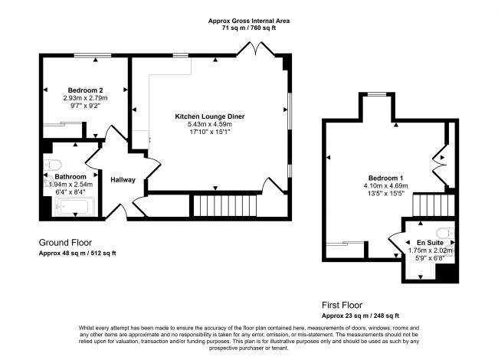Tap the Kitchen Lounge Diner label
pos(210,116)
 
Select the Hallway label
pos(123,180)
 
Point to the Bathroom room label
pos(70,177)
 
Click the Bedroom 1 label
pos(385,178)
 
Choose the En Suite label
pos(430,243)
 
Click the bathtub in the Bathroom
pos(75,206)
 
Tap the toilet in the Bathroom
pos(53,165)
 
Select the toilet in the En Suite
pos(446,234)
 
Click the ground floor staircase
pos(224,206)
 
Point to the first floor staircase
pos(434,205)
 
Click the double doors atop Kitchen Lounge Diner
pos(256,48)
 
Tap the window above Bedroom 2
pos(93,56)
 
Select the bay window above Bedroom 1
pos(377,94)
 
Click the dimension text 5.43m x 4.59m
pos(210,124)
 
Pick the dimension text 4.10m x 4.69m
pos(385,186)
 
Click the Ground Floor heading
pos(65,243)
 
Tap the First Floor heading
pos(342,306)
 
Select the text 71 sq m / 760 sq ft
pos(249,28)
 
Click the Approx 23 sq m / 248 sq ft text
pos(360,316)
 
